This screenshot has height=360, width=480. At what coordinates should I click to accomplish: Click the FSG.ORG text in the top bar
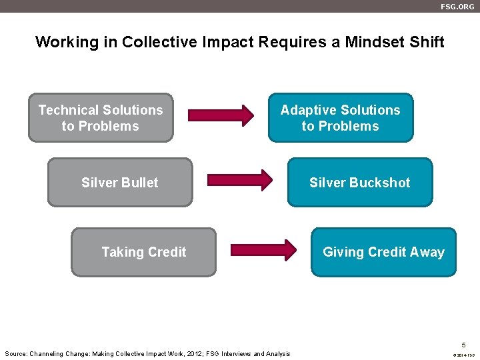(x=457, y=6)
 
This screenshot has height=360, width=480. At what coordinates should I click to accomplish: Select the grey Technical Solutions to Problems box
(x=101, y=118)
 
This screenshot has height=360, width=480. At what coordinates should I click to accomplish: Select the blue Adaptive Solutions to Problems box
(x=340, y=118)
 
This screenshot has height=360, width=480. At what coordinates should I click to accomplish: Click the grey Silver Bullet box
(x=120, y=183)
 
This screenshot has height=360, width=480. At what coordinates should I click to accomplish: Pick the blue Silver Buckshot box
(x=359, y=183)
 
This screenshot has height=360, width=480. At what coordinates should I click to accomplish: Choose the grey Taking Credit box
(x=144, y=252)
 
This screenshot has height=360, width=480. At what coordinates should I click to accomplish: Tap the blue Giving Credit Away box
(x=383, y=252)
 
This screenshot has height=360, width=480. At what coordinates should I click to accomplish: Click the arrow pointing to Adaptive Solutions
(x=221, y=115)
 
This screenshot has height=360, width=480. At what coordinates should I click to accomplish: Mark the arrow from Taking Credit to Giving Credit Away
(x=263, y=250)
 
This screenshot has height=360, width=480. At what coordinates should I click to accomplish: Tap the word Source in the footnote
(x=16, y=354)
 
